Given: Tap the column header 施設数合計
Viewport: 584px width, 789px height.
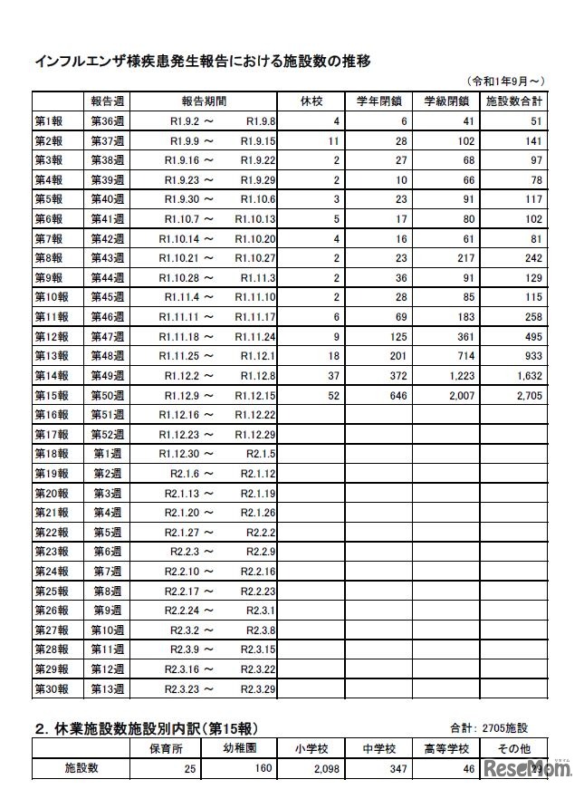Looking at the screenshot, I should [514, 100].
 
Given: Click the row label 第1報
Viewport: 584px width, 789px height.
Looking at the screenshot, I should [49, 120].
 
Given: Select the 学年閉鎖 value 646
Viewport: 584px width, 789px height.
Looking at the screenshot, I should [397, 395].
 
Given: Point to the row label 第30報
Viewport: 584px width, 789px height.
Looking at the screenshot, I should [52, 688].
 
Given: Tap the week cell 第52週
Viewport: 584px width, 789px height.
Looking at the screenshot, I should [107, 434].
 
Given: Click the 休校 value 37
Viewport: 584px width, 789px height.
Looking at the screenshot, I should [331, 375].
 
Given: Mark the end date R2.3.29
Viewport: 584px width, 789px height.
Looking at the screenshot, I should [258, 688].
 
